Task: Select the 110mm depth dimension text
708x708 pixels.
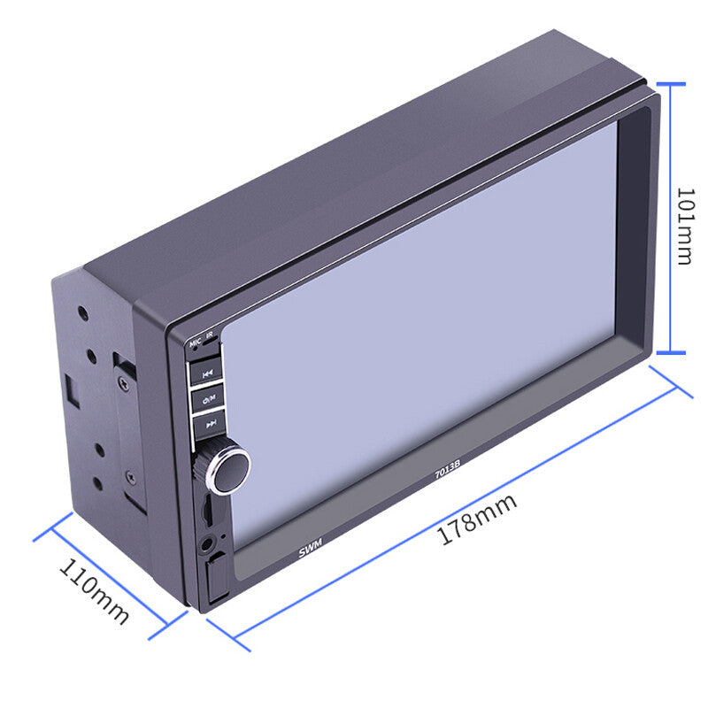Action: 95,591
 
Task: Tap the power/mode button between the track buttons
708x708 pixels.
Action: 208,399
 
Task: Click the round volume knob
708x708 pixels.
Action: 227,470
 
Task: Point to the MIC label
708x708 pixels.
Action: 196,342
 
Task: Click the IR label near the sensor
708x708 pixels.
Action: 210,335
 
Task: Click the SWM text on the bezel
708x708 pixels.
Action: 311,547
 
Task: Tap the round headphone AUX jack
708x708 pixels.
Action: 206,544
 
